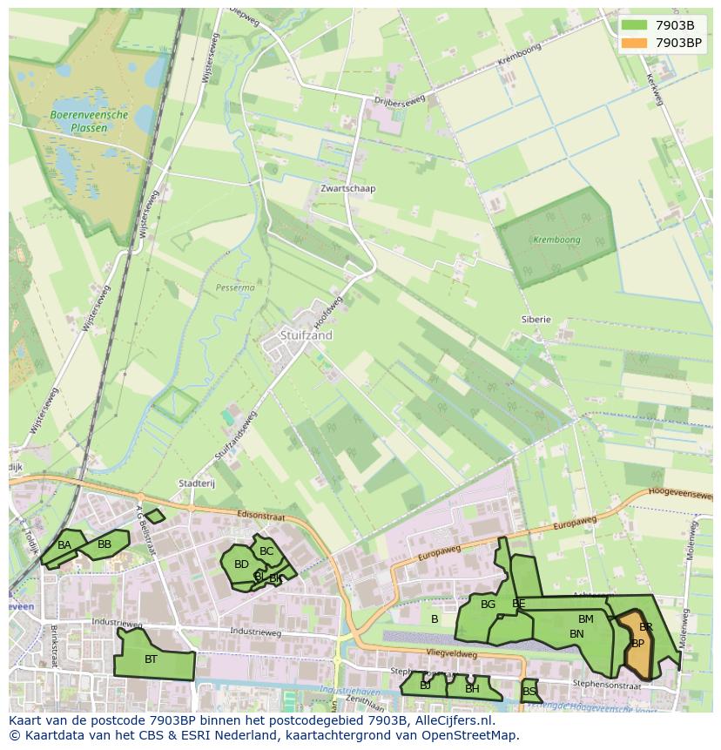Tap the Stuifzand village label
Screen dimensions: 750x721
tap(307, 334)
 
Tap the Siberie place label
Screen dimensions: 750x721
tap(536, 319)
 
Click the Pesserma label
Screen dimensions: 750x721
tap(235, 287)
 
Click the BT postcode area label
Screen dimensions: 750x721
tap(151, 659)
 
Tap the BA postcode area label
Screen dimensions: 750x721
tap(64, 545)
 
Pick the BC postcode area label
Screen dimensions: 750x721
tap(266, 551)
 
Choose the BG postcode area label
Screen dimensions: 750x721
tap(488, 605)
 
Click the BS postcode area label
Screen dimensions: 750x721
tap(529, 692)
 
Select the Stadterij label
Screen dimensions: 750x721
tap(196, 483)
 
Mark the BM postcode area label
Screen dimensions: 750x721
tap(585, 619)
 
